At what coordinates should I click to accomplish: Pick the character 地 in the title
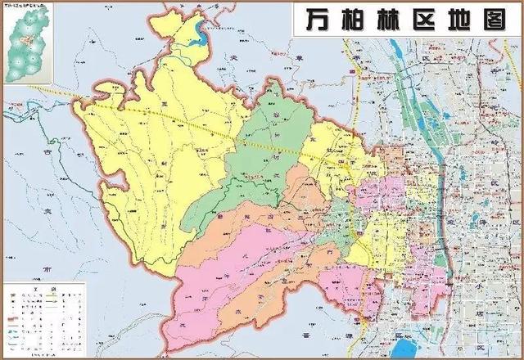[x=462, y=20]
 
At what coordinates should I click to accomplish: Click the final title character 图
[x=498, y=20]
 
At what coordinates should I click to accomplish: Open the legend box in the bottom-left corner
[x=46, y=318]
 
